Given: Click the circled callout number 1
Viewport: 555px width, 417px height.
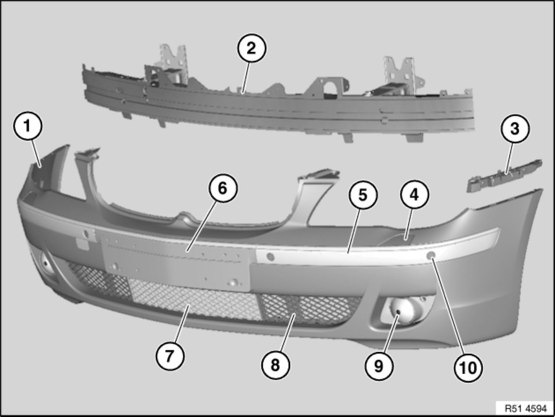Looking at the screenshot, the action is tap(28, 126).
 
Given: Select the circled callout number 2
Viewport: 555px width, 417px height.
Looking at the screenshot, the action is tap(251, 48).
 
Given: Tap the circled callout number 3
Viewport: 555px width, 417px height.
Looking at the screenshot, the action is tap(515, 129).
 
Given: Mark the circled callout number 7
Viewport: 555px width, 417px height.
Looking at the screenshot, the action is tap(170, 356).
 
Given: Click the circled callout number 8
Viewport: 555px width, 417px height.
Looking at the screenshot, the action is tap(275, 365).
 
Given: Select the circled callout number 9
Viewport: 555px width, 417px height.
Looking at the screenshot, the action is tap(378, 365).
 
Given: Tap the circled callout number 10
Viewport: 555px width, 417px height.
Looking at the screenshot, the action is tap(468, 368).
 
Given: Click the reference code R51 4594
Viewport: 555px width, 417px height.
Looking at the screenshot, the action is tap(526, 408).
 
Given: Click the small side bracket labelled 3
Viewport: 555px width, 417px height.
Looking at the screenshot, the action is tap(504, 176).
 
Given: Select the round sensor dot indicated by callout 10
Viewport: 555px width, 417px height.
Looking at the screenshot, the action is tap(430, 256).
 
